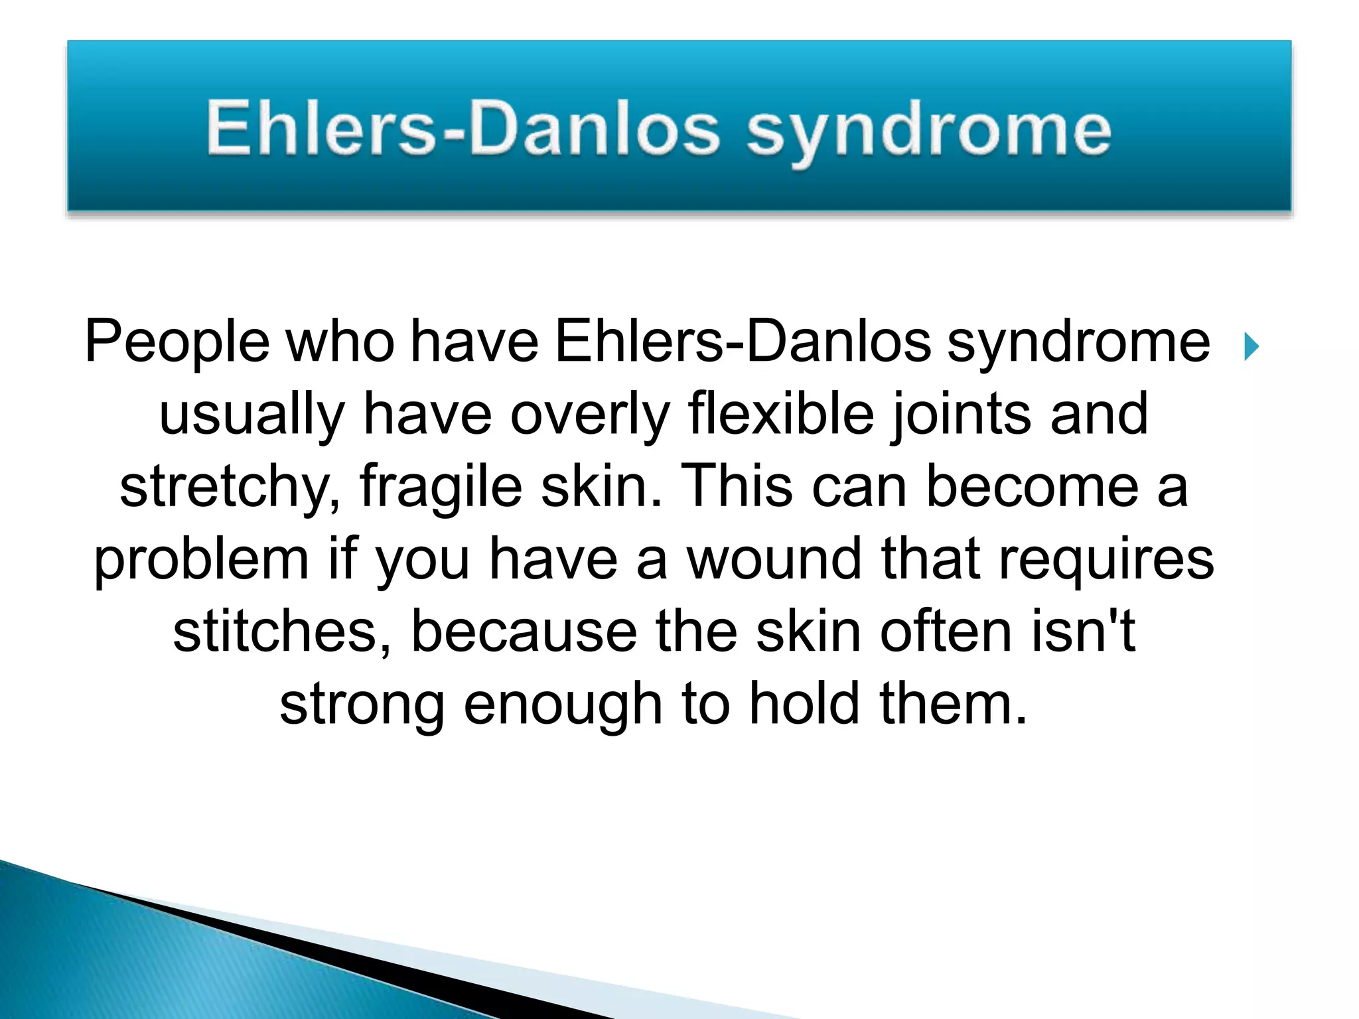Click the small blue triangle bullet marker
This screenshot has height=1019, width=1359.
[x=1252, y=346]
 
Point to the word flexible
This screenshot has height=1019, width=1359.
[x=781, y=414]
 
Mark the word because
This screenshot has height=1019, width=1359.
[x=524, y=632]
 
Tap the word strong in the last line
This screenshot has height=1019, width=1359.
[x=362, y=706]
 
